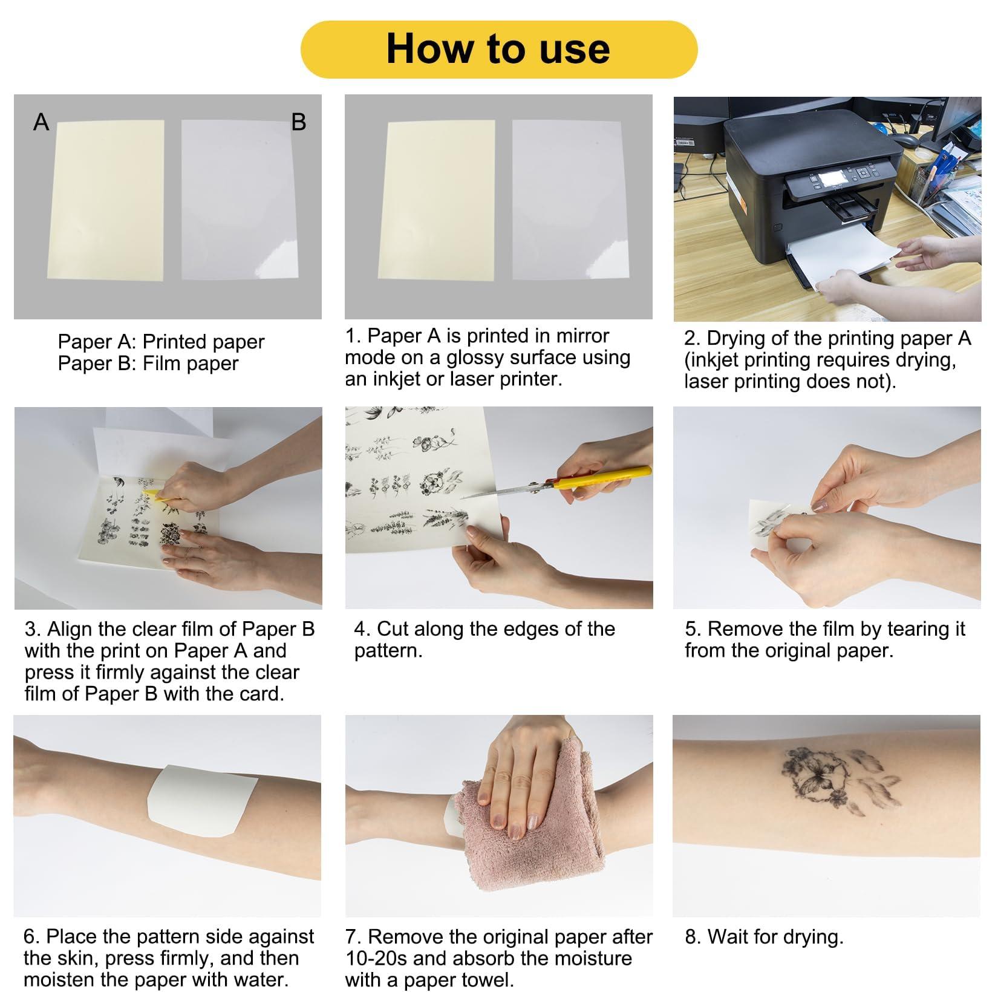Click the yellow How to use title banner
(498, 49)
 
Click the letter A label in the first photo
(41, 122)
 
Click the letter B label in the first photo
(299, 122)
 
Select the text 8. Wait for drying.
(763, 937)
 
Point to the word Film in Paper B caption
(163, 364)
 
